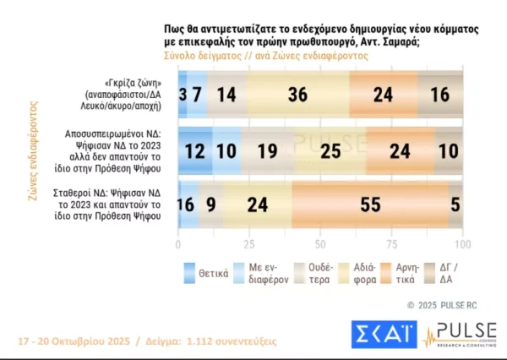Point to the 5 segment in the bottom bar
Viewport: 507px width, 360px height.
point(455,204)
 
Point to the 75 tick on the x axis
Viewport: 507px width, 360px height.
point(391,244)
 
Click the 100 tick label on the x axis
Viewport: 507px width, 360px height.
point(461,244)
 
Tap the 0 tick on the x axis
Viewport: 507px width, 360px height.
point(178,244)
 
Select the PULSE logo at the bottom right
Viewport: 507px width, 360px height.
point(461,335)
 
